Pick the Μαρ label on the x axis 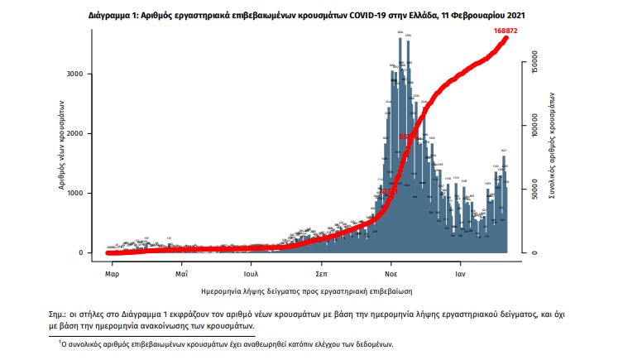point(112,271)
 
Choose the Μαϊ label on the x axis point(181,271)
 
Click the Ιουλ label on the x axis point(252,271)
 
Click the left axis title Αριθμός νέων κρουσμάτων point(63,146)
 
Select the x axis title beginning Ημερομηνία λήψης point(307,292)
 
